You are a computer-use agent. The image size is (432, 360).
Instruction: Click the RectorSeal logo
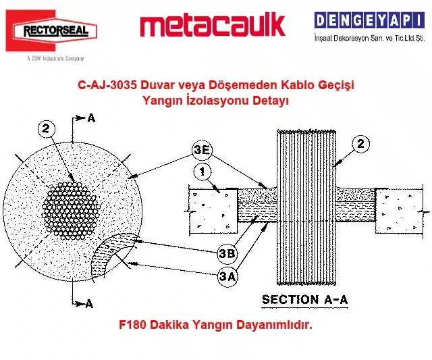point(51,30)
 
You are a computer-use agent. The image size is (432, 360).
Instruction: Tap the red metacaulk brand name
point(213,26)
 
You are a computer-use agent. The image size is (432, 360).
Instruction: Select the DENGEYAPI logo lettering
point(369,20)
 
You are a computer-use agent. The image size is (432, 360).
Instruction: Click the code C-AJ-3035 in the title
point(107,85)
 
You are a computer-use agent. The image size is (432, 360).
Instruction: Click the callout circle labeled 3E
point(202,151)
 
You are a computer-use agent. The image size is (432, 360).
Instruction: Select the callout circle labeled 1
point(202,172)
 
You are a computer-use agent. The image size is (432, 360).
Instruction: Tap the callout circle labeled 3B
point(227,253)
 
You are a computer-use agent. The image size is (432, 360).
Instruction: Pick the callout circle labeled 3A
point(227,276)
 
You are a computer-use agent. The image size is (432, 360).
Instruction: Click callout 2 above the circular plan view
point(46,129)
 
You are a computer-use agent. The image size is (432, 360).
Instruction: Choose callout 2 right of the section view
point(360,144)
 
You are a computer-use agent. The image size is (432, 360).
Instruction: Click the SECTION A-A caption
point(304,300)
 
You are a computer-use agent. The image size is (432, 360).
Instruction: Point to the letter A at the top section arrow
point(91,118)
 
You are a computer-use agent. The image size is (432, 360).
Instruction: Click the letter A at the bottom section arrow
point(89,303)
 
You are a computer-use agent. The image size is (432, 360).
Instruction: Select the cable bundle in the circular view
point(70,211)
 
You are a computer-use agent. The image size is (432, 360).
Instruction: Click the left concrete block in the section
point(213,211)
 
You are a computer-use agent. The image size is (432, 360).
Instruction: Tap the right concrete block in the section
point(399,211)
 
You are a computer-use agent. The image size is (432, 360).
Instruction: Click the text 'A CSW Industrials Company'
point(55,59)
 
